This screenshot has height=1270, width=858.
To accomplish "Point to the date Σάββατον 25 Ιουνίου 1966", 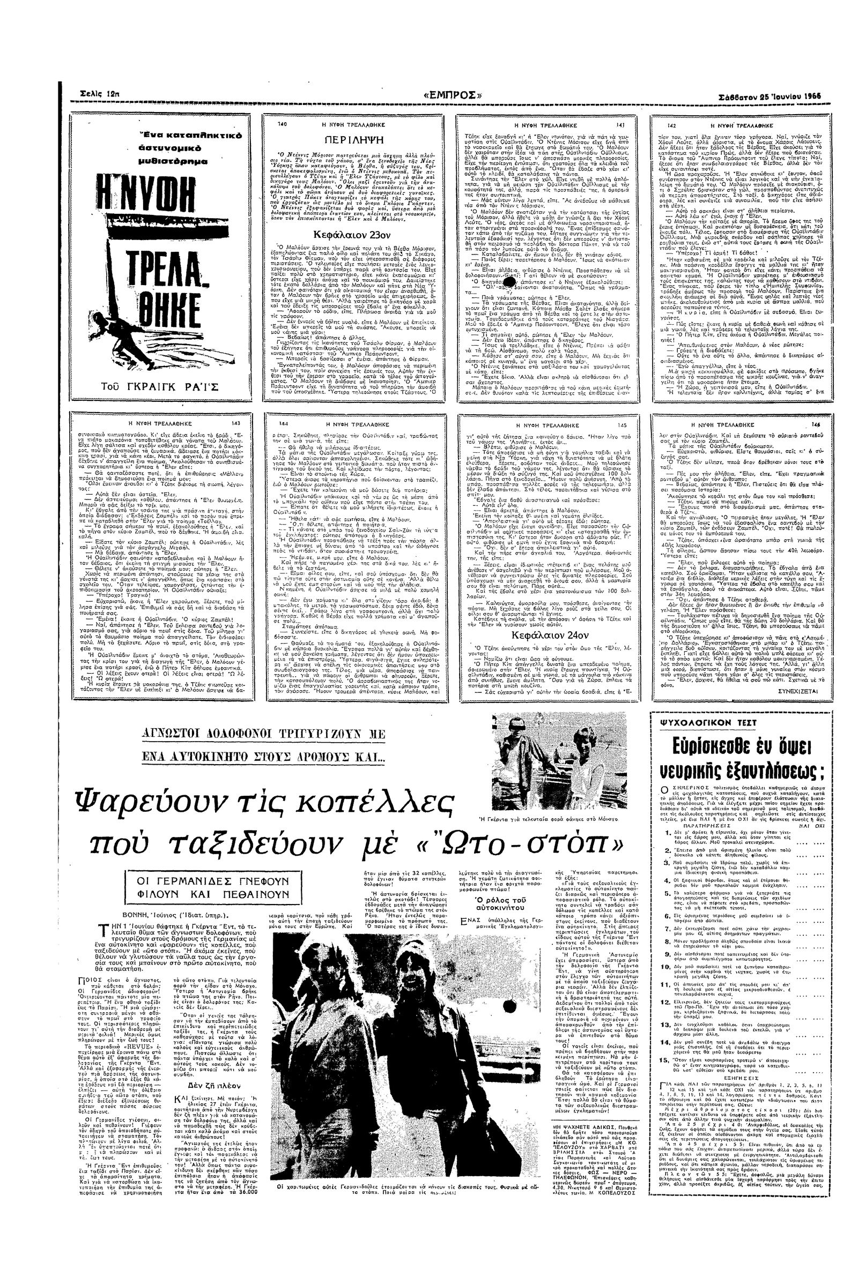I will (770, 96).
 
